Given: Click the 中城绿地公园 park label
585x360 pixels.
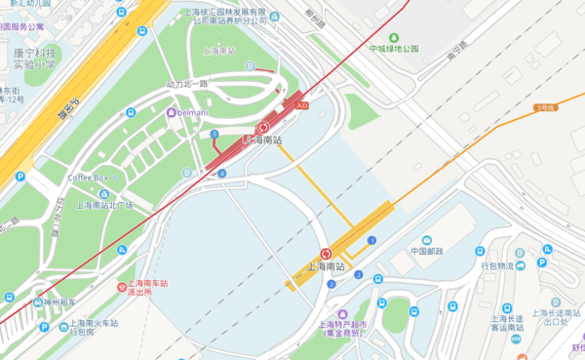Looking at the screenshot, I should point(394,47).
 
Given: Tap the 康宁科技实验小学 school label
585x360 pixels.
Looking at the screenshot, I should point(34,59).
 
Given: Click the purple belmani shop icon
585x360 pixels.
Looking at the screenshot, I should point(172,112).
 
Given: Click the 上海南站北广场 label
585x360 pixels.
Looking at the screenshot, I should point(104,205).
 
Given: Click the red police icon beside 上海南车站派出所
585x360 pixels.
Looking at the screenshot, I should point(123,288).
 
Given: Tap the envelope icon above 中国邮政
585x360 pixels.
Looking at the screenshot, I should point(427,240).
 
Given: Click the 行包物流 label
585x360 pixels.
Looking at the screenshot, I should point(497,264).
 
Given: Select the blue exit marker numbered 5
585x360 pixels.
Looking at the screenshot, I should point(214,134).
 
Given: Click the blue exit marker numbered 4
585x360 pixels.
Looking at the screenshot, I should point(222,174).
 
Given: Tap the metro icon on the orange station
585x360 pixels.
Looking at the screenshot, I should point(326,254).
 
